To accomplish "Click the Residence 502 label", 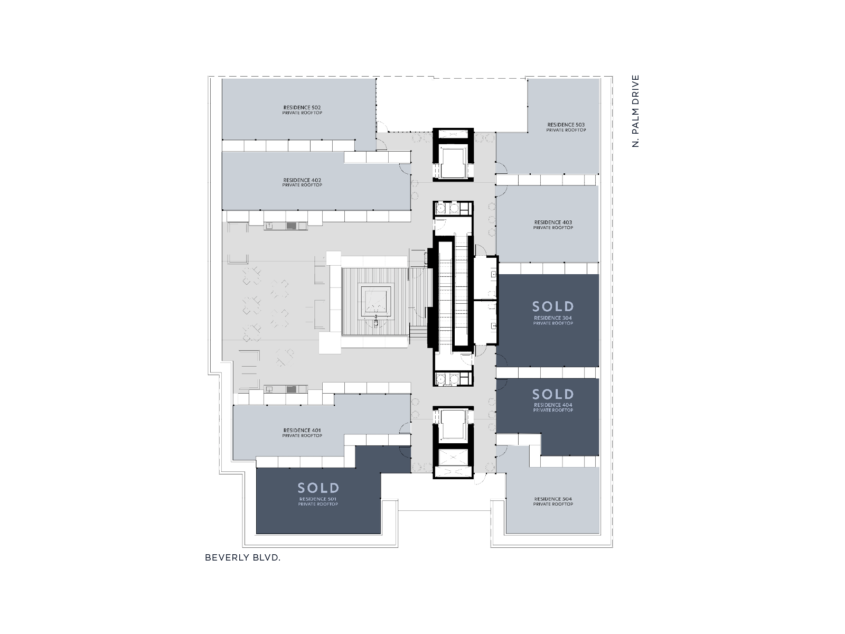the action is coord(302,110).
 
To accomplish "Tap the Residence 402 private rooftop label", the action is coord(302,182).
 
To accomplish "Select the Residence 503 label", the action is coord(566,127).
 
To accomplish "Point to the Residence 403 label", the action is coord(553,225).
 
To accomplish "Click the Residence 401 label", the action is coord(302,433).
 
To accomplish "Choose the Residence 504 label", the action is coord(553,501).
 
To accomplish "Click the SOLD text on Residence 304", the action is coord(553,306).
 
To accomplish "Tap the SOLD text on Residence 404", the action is coord(553,394).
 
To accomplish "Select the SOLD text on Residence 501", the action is coord(318,488).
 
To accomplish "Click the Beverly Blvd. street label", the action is coord(242,557).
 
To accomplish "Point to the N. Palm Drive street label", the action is coord(635,111).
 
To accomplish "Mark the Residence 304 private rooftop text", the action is coord(553,320).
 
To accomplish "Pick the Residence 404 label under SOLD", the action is coord(553,407).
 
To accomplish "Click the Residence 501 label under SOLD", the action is coord(318,501).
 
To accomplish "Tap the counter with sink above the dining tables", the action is coord(286,226).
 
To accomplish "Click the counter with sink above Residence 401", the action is coord(286,389).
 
